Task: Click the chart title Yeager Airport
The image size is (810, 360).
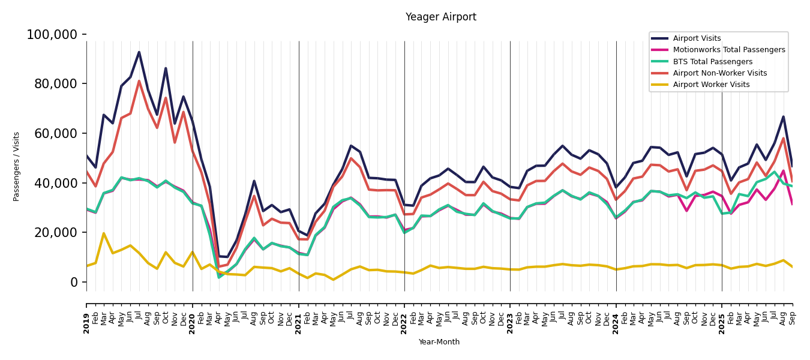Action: [440, 17]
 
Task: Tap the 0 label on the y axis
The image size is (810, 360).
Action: [74, 282]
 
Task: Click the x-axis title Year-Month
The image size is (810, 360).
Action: [439, 342]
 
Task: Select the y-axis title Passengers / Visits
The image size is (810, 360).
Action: [17, 166]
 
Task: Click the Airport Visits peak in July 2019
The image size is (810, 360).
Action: [139, 52]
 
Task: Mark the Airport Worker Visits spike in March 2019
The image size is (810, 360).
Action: [104, 233]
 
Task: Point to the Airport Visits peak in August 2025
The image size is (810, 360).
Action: [783, 117]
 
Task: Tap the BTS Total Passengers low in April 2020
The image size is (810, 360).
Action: [219, 277]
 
